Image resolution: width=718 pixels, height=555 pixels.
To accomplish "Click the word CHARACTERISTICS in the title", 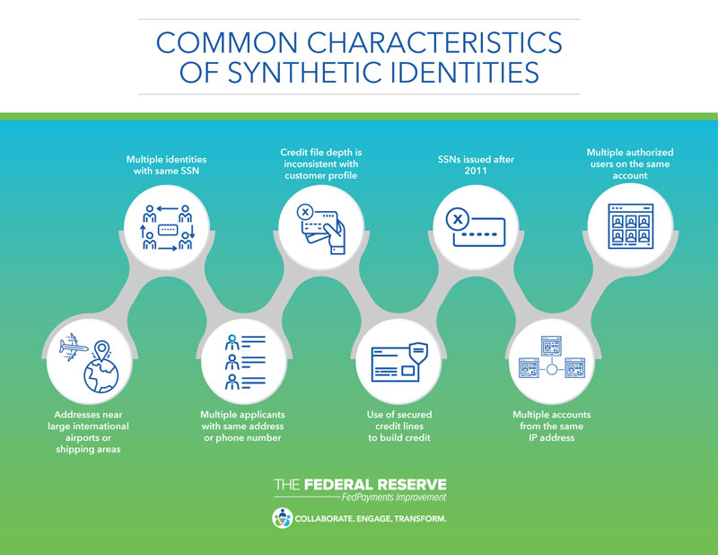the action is (434, 42).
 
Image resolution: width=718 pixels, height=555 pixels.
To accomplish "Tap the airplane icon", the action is (74, 347).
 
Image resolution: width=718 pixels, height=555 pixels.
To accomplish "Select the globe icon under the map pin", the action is (101, 375).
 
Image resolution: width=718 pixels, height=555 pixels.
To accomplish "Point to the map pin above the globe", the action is (101, 350).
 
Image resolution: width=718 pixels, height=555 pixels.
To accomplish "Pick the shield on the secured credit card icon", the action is (418, 352).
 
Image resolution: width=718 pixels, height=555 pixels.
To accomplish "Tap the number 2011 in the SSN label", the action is (476, 171).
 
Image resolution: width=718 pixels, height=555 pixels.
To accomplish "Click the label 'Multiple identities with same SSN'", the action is (167, 165).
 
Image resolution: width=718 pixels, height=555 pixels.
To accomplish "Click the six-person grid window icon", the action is (631, 226).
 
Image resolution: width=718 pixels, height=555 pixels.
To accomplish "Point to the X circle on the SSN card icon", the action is (458, 219).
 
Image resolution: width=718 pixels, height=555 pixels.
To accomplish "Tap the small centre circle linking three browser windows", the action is (552, 369).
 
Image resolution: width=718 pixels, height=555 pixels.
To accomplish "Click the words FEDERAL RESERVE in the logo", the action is (375, 485).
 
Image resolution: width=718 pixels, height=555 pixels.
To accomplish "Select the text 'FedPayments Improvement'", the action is (394, 498).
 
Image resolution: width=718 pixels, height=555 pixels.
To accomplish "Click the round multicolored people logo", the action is (282, 518).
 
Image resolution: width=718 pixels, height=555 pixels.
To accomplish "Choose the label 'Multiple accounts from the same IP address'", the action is (552, 427).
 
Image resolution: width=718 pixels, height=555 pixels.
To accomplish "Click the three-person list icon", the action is (245, 362).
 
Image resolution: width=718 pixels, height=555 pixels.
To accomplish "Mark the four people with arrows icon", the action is (168, 228).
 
